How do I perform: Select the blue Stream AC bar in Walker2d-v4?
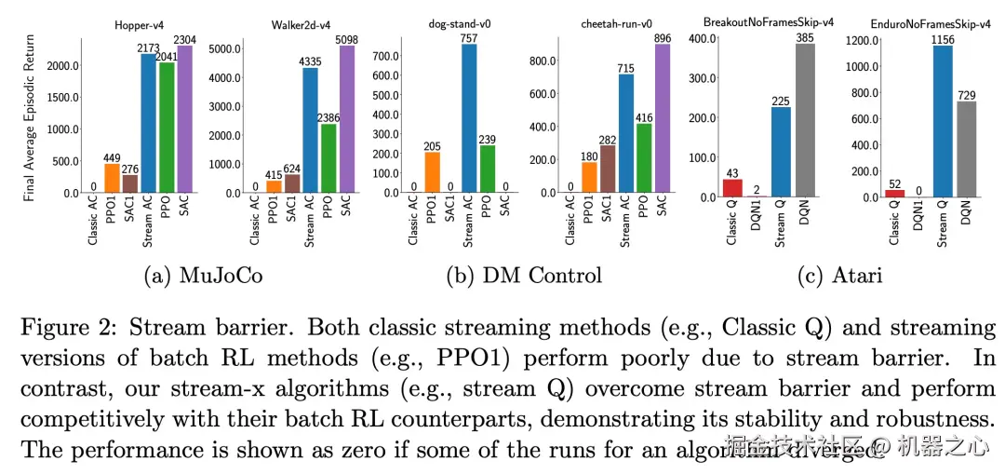pos(310,130)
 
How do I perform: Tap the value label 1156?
pos(942,38)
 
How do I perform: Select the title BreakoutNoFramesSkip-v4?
pos(769,20)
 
